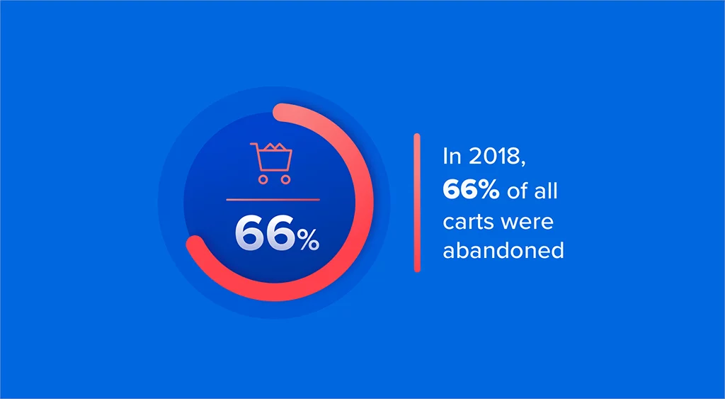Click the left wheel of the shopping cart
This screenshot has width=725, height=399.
click(263, 179)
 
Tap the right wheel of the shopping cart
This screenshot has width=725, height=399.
click(285, 179)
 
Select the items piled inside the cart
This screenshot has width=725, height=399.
click(278, 148)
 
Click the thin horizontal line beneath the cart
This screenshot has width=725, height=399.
click(273, 200)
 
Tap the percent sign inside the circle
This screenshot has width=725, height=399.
click(308, 241)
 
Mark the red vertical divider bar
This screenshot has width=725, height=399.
click(417, 203)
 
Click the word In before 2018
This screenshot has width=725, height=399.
click(451, 156)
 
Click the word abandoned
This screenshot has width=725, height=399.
click(503, 251)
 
